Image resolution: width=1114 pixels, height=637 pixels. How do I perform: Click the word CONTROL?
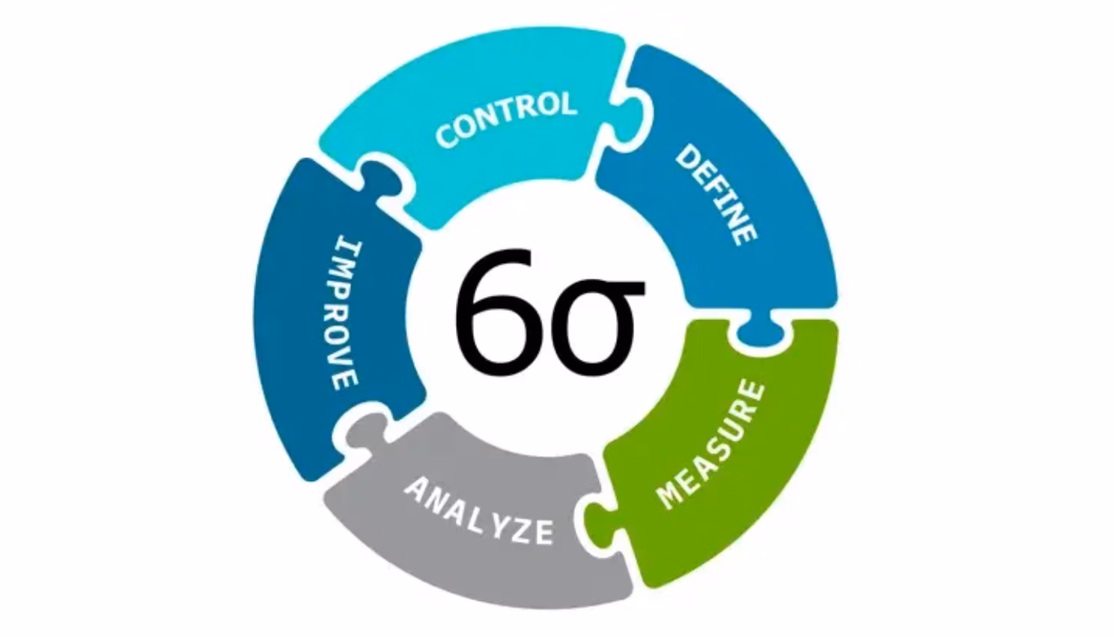506,119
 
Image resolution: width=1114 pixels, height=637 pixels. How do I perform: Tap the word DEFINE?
716,196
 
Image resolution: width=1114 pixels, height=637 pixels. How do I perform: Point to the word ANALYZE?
478,511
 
